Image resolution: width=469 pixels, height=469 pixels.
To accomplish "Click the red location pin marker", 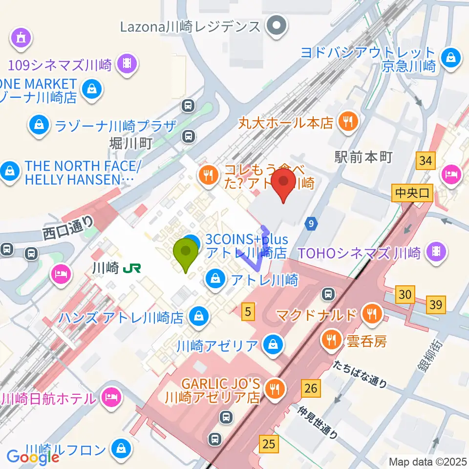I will pyautogui.click(x=283, y=185).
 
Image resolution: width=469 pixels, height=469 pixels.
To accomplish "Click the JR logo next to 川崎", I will pyautogui.click(x=132, y=268).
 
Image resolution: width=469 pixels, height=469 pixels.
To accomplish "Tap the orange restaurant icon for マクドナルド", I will pyautogui.click(x=374, y=314).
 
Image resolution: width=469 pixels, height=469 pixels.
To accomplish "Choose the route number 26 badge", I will pyautogui.click(x=311, y=388).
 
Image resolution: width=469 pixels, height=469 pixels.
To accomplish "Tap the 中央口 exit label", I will pyautogui.click(x=413, y=193).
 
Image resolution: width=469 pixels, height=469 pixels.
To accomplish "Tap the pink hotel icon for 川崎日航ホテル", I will pyautogui.click(x=111, y=398).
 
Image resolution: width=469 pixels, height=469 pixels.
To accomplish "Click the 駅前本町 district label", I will pyautogui.click(x=364, y=156).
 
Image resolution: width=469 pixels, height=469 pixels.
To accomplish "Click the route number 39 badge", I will pyautogui.click(x=436, y=304).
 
